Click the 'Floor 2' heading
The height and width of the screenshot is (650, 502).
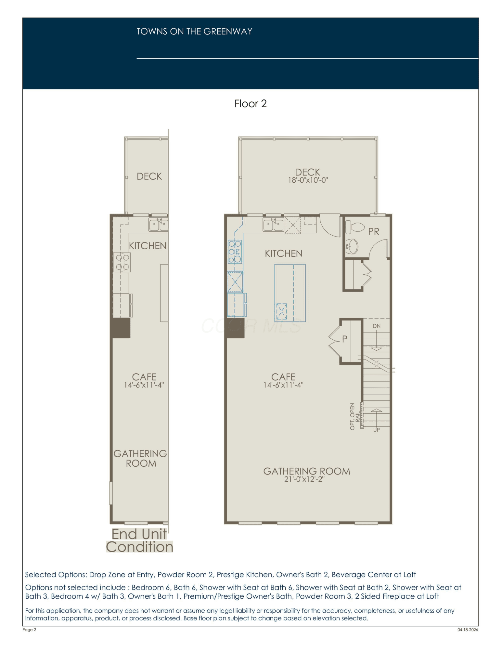(251, 104)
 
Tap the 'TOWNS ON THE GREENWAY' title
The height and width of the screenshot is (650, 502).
(194, 32)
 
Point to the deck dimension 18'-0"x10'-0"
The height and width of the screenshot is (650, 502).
(308, 180)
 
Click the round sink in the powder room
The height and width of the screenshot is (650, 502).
(352, 246)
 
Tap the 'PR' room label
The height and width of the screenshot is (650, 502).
(374, 231)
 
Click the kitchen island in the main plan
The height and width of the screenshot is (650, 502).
(290, 293)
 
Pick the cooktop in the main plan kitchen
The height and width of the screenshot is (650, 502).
(235, 251)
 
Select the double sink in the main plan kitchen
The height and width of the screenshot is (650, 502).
(274, 225)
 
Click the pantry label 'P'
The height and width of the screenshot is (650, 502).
(345, 339)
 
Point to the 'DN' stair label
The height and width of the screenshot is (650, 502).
(377, 326)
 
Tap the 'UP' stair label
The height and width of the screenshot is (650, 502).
(377, 430)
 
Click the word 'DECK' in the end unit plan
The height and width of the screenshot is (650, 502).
(149, 176)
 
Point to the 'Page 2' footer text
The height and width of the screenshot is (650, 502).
(29, 630)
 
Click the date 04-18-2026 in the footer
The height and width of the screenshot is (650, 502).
(468, 630)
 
